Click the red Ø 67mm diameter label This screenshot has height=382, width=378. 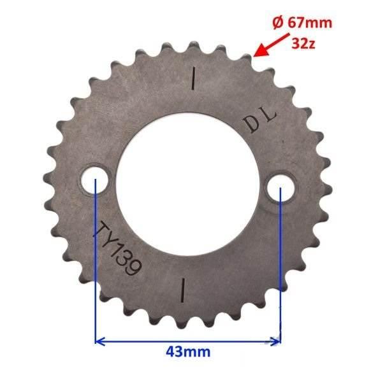302,23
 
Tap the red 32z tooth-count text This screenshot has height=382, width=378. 303,44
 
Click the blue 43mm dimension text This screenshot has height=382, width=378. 188,352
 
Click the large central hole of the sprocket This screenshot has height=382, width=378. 187,185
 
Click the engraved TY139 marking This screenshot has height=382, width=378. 117,248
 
